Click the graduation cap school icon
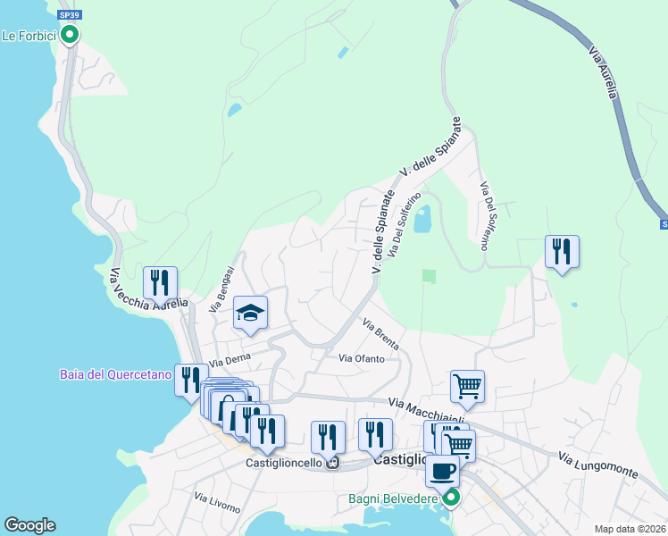pos(251,313)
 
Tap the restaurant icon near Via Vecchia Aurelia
pos(160,282)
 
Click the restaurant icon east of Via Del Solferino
pos(562,252)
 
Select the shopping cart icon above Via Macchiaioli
pos(467,386)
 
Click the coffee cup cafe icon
pos(442,471)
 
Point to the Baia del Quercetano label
pos(115,374)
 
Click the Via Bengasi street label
pos(221,289)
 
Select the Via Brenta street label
pos(380,332)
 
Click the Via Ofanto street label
pos(361,358)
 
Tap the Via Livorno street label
pos(217,504)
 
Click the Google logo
pos(29,525)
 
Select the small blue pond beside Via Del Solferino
pos(422,218)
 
